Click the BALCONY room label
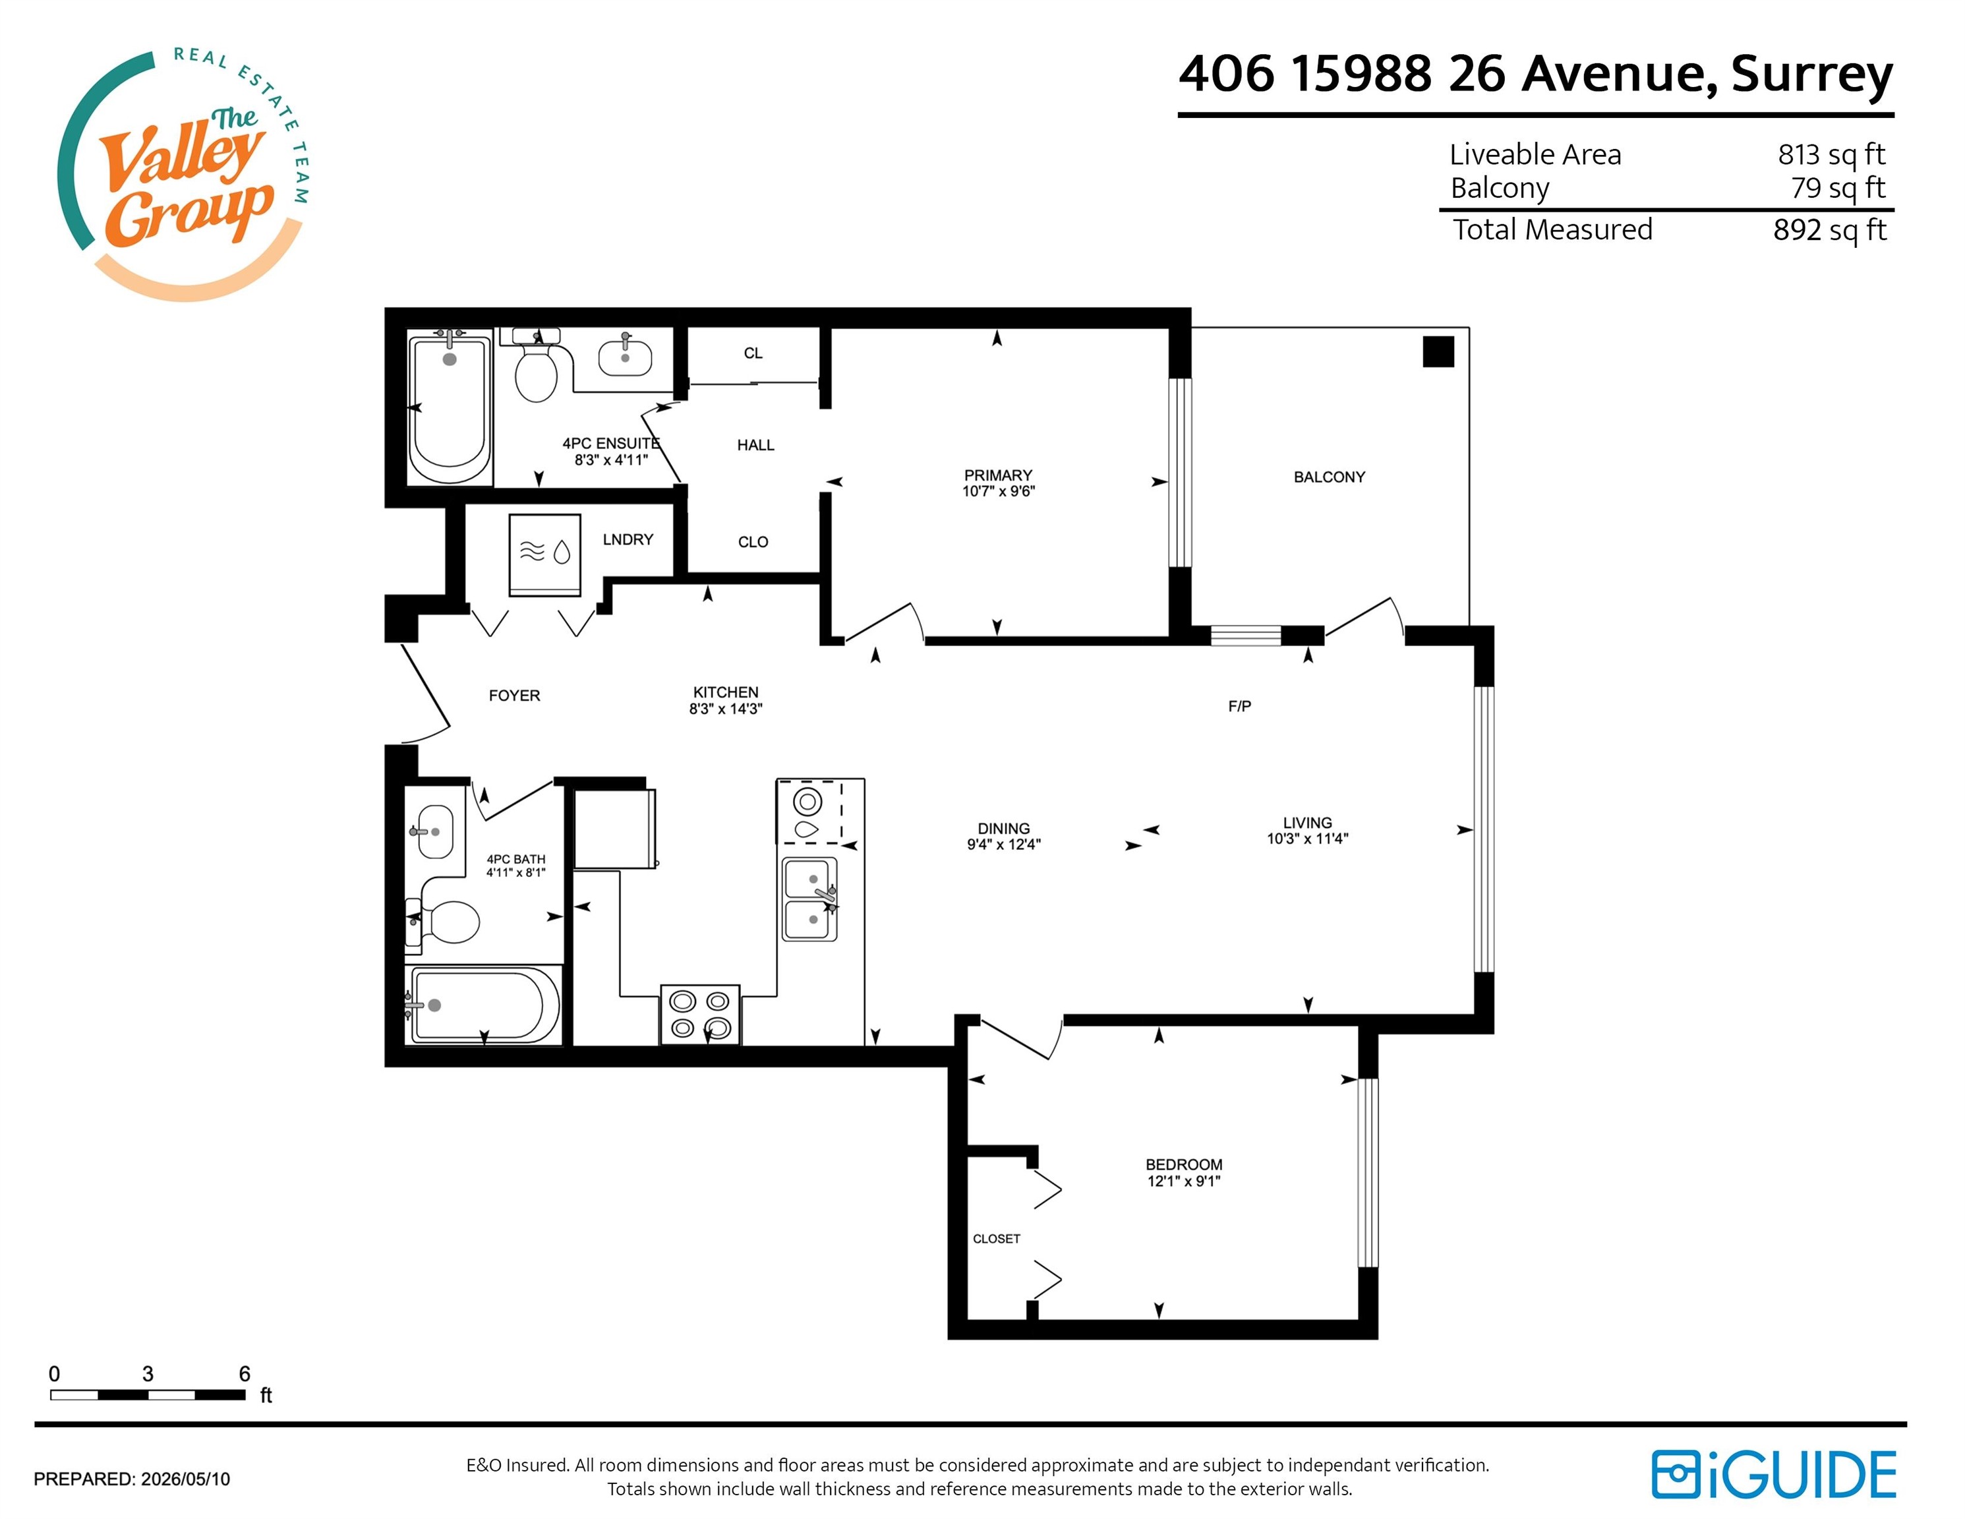click(x=1329, y=477)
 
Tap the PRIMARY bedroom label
click(x=998, y=475)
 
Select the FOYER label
click(x=513, y=696)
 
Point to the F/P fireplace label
click(x=1239, y=706)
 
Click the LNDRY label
click(x=627, y=539)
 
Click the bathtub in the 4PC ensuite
click(x=449, y=407)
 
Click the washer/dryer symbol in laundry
click(x=544, y=554)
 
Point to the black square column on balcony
click(x=1438, y=351)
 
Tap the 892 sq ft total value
click(x=1829, y=230)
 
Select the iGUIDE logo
click(x=1773, y=1474)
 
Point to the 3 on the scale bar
click(x=148, y=1373)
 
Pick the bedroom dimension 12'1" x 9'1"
click(x=1183, y=1181)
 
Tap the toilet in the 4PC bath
click(x=443, y=922)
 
